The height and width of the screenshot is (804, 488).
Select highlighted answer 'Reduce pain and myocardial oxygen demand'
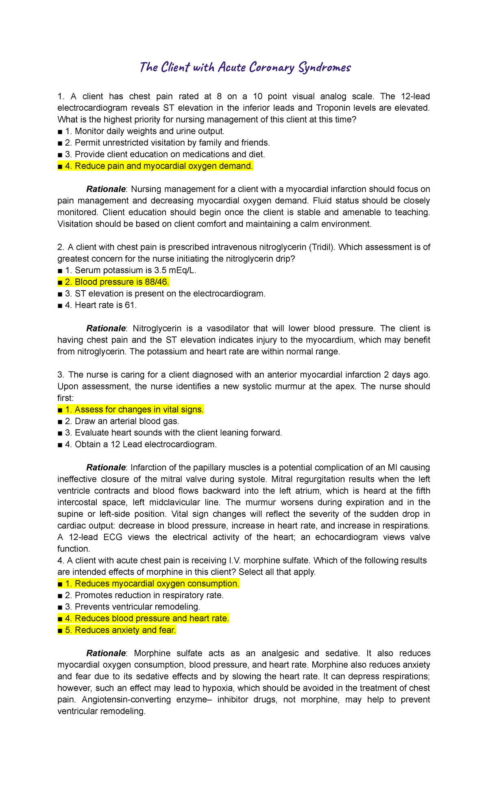click(155, 166)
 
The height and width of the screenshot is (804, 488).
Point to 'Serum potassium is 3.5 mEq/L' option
click(127, 270)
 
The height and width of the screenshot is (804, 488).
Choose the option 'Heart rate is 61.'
click(98, 305)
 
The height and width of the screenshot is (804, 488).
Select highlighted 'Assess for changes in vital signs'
click(131, 410)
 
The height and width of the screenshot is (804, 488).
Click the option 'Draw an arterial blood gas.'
click(119, 421)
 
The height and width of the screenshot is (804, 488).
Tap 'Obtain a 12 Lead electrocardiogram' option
click(137, 444)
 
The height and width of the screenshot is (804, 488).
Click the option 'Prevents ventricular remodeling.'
click(129, 607)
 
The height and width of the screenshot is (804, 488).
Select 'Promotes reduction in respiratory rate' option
click(141, 595)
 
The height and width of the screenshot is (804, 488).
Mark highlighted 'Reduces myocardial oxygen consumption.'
click(149, 584)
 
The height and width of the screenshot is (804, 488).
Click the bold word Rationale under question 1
click(106, 189)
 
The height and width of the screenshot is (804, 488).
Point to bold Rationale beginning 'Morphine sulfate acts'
click(106, 653)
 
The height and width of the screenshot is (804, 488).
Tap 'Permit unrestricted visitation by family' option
click(164, 143)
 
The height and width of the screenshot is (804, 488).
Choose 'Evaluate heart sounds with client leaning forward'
click(170, 433)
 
